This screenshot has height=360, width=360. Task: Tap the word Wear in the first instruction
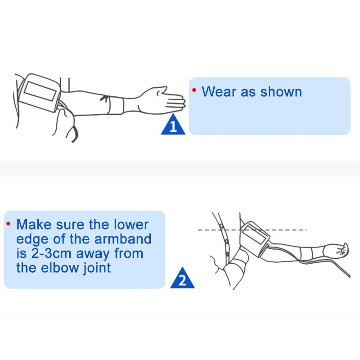(219, 92)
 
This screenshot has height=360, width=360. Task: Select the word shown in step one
(281, 92)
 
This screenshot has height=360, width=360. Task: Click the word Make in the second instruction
(34, 224)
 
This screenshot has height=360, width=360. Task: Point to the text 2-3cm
(51, 253)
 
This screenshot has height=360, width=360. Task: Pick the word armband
(123, 239)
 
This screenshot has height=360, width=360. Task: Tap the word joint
(97, 268)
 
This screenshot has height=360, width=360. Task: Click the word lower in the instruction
(131, 224)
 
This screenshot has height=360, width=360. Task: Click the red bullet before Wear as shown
(194, 90)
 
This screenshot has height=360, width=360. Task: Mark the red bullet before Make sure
(8, 223)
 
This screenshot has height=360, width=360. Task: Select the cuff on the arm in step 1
(40, 93)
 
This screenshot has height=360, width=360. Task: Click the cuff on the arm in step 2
(255, 239)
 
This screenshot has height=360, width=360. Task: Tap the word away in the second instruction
(93, 254)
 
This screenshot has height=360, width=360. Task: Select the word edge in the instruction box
(32, 239)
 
